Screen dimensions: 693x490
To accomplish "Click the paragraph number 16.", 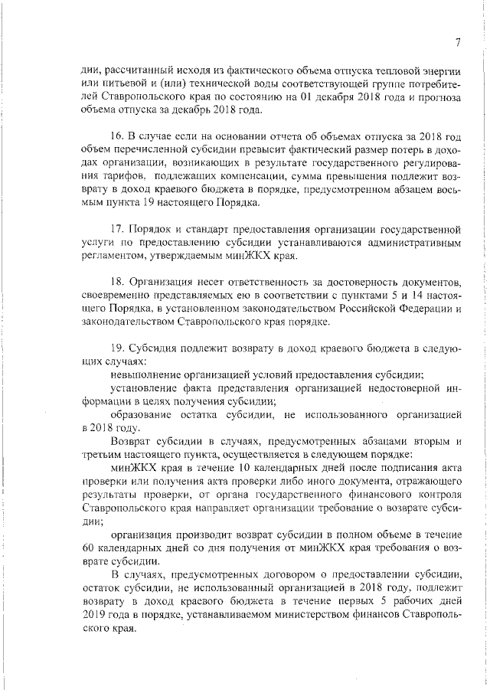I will (118, 136).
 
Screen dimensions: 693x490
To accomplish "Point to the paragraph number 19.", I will (118, 348).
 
